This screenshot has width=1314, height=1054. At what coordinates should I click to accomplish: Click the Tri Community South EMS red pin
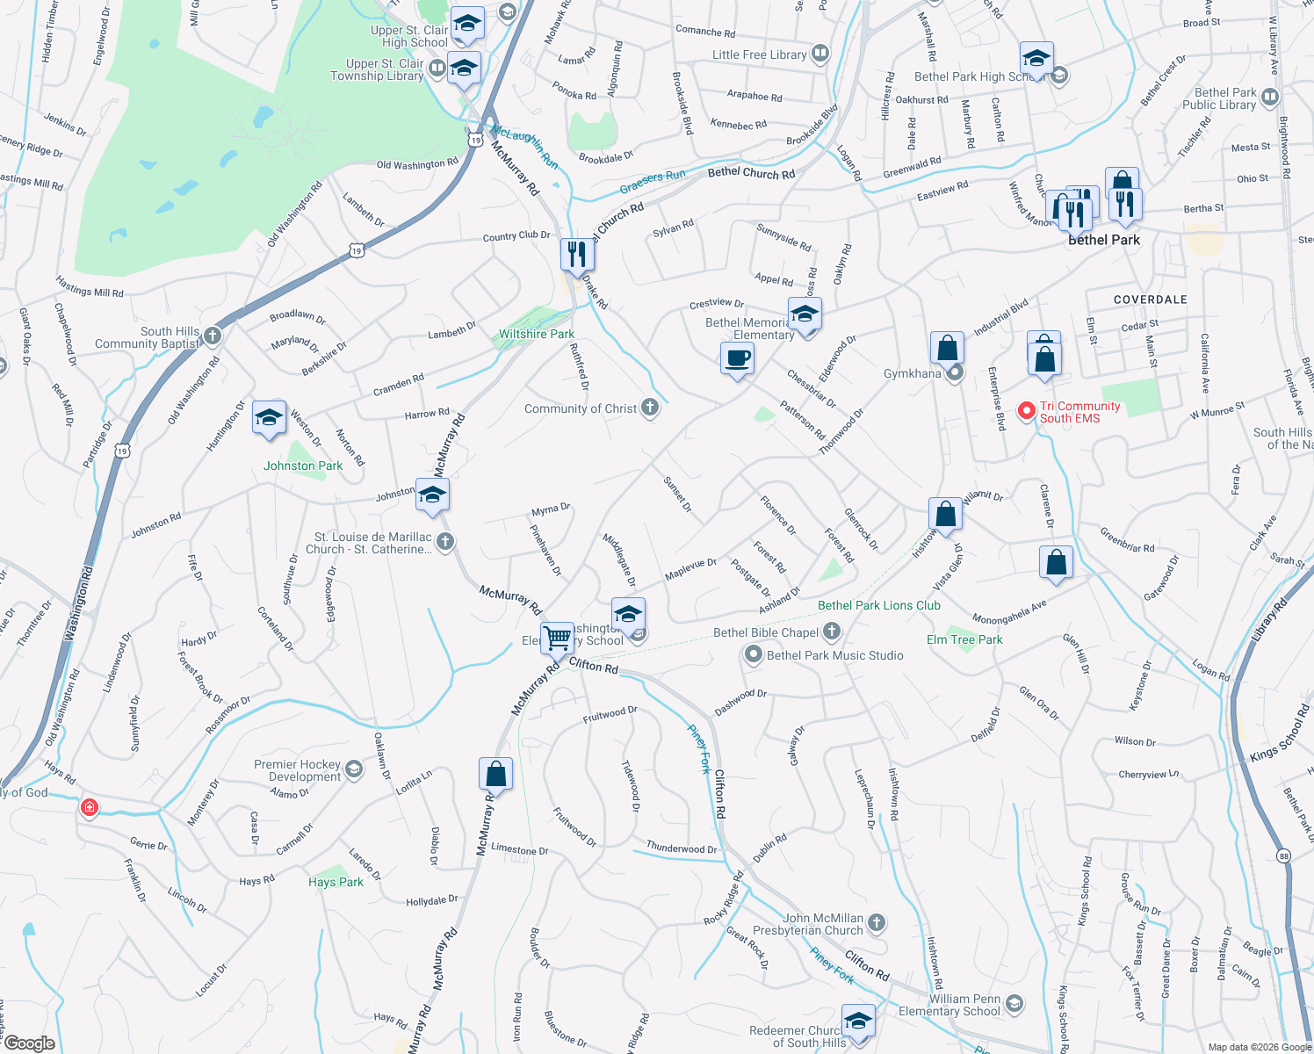pyautogui.click(x=1026, y=411)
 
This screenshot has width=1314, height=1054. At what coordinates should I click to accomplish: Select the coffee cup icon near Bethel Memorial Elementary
pyautogui.click(x=737, y=358)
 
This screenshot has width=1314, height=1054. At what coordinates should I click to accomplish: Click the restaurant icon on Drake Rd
pyautogui.click(x=577, y=255)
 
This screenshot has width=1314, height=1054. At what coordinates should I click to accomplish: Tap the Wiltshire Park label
pyautogui.click(x=537, y=335)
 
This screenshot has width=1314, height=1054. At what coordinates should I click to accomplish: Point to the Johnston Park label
pyautogui.click(x=303, y=466)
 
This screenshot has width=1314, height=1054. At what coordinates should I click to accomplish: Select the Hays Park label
pyautogui.click(x=336, y=882)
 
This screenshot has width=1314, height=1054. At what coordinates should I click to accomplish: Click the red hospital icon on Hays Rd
pyautogui.click(x=89, y=807)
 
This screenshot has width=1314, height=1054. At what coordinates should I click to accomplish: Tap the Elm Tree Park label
pyautogui.click(x=964, y=639)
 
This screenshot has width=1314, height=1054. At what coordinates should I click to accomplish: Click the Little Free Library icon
pyautogui.click(x=820, y=54)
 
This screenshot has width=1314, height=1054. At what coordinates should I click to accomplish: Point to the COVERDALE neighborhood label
pyautogui.click(x=1150, y=300)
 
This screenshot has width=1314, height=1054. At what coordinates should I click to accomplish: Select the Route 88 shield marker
pyautogui.click(x=1284, y=855)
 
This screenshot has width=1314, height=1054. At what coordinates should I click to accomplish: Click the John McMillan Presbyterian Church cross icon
pyautogui.click(x=877, y=922)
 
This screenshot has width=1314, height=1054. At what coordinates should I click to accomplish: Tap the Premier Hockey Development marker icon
pyautogui.click(x=354, y=770)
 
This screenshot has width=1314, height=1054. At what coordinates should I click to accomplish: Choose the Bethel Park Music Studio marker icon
pyautogui.click(x=753, y=654)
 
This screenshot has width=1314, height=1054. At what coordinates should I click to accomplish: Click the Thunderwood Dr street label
pyautogui.click(x=682, y=848)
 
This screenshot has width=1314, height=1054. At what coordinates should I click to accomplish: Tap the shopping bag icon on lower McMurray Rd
pyautogui.click(x=495, y=774)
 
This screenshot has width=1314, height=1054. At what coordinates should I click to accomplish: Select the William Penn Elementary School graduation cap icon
pyautogui.click(x=1014, y=1003)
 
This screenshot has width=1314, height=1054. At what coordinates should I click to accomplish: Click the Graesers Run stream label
pyautogui.click(x=652, y=182)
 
